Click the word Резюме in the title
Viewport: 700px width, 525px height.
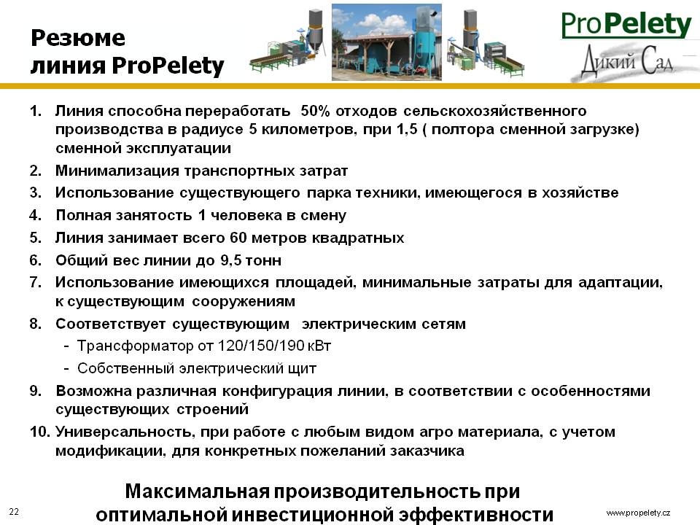(x=78, y=38)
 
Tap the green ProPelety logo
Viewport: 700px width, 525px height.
(x=626, y=25)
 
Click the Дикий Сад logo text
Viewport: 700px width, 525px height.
(x=627, y=61)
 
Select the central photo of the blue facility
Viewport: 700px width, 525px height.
(x=386, y=42)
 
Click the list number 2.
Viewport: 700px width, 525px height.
(x=35, y=171)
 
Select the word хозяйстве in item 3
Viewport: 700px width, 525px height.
(x=580, y=192)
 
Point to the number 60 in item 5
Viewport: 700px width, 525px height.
(x=238, y=238)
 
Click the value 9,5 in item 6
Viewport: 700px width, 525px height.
(x=231, y=260)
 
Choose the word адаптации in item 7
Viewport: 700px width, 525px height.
(x=621, y=283)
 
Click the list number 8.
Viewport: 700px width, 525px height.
(x=35, y=324)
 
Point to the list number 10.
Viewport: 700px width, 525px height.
(x=39, y=432)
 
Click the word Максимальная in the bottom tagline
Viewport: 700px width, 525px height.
(x=198, y=491)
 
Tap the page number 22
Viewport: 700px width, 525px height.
(x=14, y=512)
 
